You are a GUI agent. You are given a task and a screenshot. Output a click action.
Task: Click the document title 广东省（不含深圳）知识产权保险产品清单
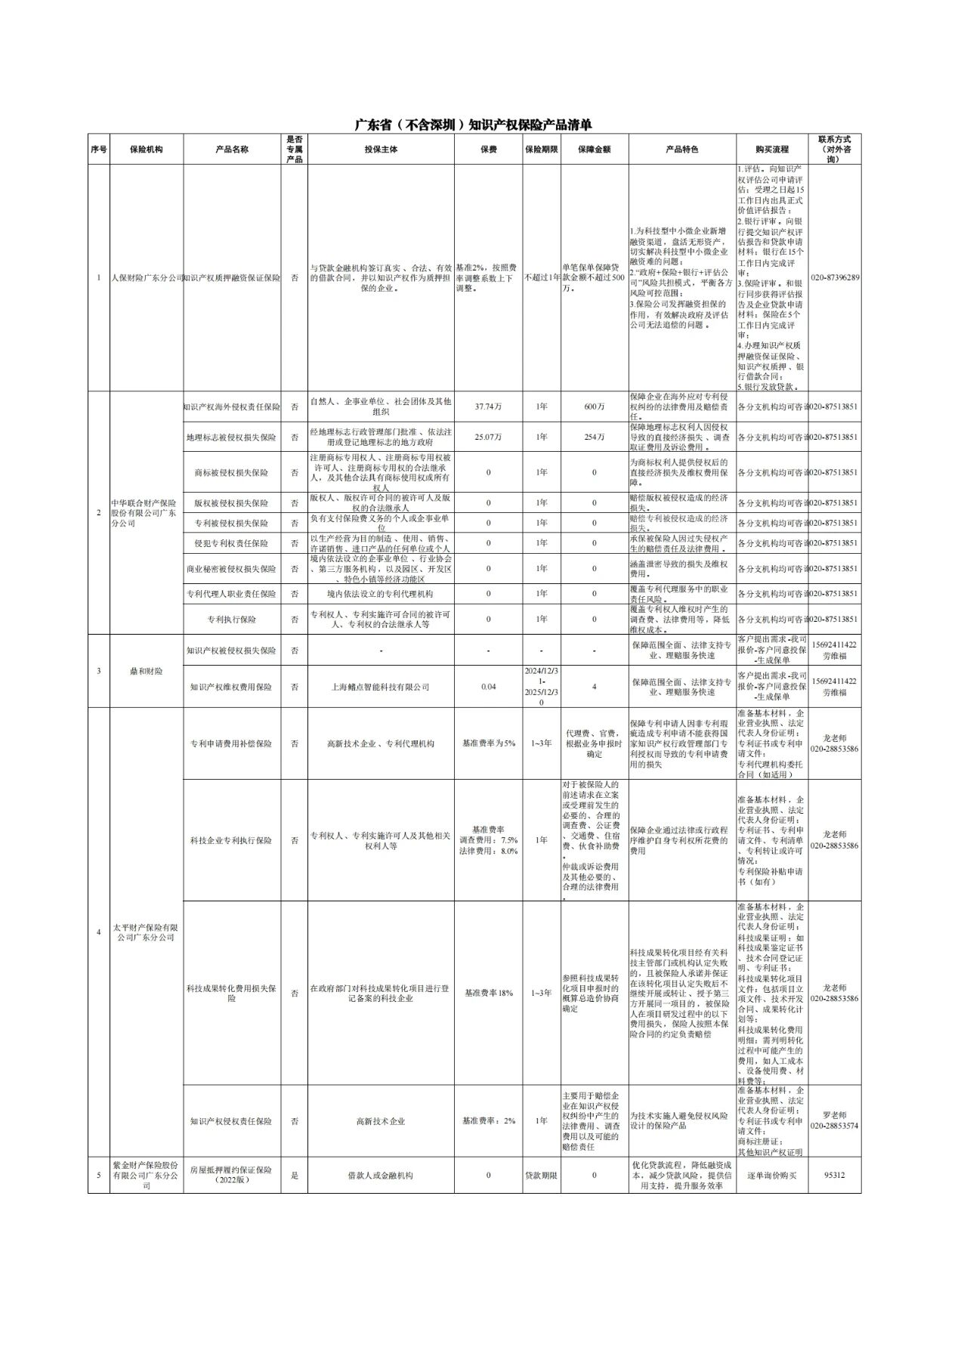(474, 125)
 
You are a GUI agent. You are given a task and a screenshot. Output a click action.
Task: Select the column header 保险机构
(146, 150)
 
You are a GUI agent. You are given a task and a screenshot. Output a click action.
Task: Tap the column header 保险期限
(541, 150)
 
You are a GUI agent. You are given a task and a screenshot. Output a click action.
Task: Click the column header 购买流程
(771, 150)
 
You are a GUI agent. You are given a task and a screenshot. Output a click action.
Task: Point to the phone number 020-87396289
(834, 277)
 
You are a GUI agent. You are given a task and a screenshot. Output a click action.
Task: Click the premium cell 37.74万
(488, 406)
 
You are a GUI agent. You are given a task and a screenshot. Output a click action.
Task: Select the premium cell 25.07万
(488, 437)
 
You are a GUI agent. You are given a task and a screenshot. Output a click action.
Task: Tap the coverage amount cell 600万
(594, 406)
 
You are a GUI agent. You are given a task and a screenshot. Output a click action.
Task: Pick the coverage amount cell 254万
(594, 437)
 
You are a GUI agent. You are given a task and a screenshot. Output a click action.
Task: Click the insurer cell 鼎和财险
(146, 671)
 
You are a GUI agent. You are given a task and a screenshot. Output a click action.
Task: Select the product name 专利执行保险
(232, 619)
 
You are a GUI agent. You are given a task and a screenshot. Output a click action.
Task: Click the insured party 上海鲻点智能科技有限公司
(381, 687)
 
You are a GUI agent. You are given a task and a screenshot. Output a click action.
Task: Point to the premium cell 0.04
(488, 687)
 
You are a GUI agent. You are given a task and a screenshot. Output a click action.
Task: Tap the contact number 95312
(834, 1175)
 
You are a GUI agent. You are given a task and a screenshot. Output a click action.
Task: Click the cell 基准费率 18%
(488, 993)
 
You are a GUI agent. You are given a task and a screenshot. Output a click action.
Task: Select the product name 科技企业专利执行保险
(232, 840)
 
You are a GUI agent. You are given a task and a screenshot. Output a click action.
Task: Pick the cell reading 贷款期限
(541, 1175)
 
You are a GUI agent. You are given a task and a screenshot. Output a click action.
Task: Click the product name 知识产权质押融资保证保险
(232, 278)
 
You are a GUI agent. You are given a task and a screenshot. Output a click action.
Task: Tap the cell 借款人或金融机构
(381, 1175)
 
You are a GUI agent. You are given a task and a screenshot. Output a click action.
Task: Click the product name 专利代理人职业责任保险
(232, 594)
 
